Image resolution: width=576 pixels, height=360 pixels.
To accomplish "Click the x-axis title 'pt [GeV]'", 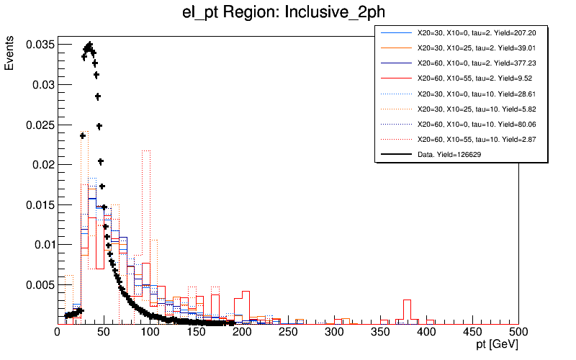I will click(498, 346).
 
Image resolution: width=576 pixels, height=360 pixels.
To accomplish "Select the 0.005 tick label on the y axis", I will click(38, 284).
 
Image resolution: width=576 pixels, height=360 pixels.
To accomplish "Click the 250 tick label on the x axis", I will click(196, 332).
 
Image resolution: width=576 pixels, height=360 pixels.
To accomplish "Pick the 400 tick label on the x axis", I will click(426, 332).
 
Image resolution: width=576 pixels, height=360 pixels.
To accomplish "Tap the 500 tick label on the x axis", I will click(518, 332).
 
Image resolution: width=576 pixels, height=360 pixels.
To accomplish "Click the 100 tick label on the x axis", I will click(150, 332).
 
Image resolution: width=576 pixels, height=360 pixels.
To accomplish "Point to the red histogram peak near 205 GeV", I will click(246, 293).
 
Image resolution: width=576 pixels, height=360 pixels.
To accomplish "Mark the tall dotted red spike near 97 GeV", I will click(147, 152).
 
